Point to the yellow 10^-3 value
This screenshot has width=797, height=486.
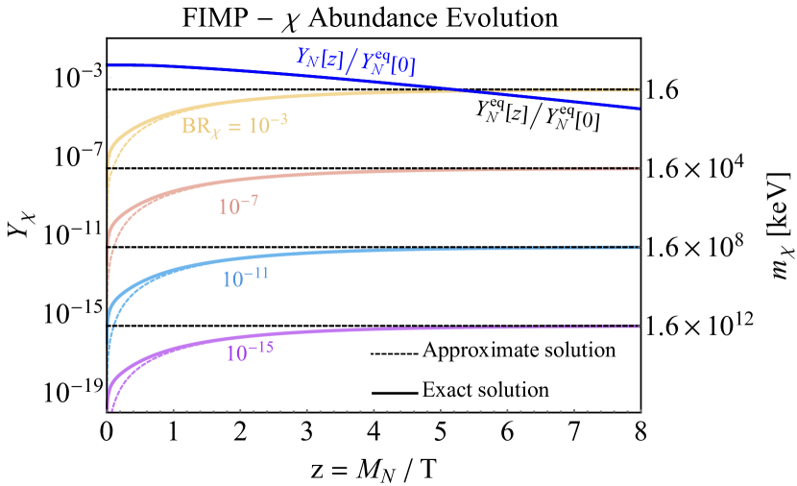pos(268,125)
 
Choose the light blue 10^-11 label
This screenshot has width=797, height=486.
pos(245,279)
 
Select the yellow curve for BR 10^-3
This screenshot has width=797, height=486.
pos(336,94)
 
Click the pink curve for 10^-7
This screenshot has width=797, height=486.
pos(336,174)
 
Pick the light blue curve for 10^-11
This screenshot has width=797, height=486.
pos(336,253)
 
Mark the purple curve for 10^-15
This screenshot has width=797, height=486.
pos(336,331)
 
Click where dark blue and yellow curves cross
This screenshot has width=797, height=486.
pos(464,91)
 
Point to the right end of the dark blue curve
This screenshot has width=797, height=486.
pos(640,109)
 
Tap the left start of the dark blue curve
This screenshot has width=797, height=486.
pos(109,65)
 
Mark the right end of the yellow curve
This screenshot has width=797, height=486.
pos(639,89)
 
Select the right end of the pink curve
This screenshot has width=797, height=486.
pos(639,168)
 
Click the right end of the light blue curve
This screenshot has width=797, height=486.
pos(639,247)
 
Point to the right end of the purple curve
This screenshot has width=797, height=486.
pos(639,326)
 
